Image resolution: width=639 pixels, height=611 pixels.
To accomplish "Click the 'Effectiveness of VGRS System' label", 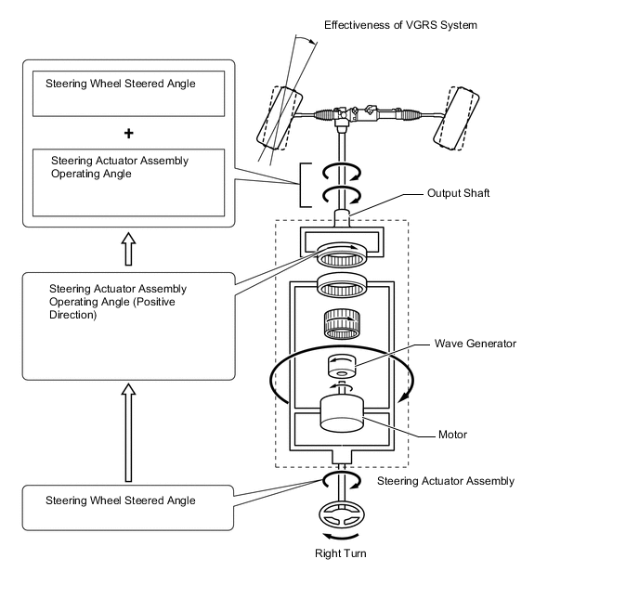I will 400,25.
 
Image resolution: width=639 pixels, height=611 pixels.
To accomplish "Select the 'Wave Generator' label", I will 475,344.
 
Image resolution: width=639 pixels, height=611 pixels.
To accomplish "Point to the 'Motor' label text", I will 453,434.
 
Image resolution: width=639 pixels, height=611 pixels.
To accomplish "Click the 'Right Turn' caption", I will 341,553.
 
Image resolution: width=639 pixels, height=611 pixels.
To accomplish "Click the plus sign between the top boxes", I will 128,133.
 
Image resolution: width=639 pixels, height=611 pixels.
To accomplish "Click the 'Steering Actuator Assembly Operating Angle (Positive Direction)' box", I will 128,324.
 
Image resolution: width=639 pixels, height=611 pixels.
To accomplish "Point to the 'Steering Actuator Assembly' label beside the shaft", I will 445,481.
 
